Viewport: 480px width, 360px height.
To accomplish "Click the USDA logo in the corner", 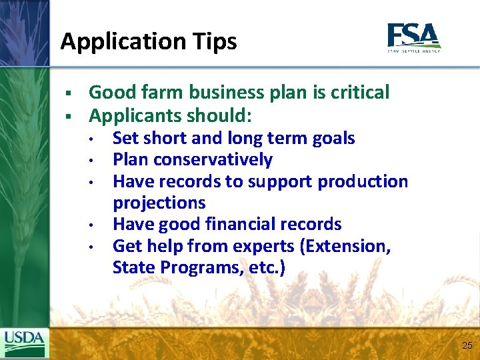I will [x=25, y=343].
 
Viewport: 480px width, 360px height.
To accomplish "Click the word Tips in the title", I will [x=215, y=41].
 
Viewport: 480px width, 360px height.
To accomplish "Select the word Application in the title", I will [x=122, y=42].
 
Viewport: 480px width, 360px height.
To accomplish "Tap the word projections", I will [x=159, y=203].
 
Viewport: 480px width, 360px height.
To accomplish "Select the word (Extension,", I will [x=345, y=246].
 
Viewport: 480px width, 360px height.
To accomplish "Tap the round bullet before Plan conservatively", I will [x=97, y=161].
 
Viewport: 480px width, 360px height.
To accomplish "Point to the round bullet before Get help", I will [x=97, y=247].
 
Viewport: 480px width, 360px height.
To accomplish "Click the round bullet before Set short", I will [x=97, y=139].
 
